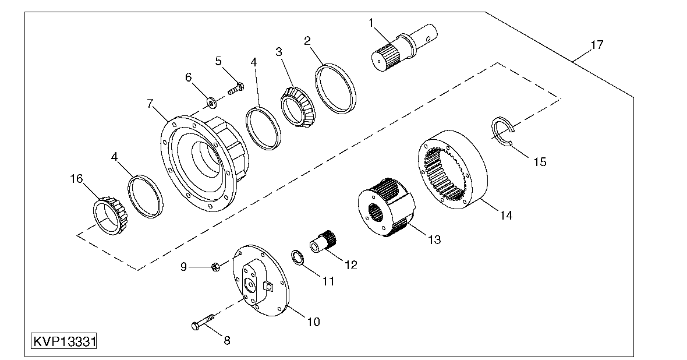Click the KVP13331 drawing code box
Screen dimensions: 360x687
pyautogui.click(x=64, y=341)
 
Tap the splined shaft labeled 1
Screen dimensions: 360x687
pyautogui.click(x=402, y=49)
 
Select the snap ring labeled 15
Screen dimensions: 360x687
pyautogui.click(x=500, y=129)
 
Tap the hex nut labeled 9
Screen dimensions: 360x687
pyautogui.click(x=214, y=267)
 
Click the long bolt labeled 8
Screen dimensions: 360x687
pyautogui.click(x=202, y=322)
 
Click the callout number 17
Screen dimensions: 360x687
pyautogui.click(x=596, y=44)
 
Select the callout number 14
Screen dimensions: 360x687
pyautogui.click(x=505, y=216)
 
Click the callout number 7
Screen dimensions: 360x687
pyautogui.click(x=150, y=104)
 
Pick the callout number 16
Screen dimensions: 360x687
pyautogui.click(x=76, y=179)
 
